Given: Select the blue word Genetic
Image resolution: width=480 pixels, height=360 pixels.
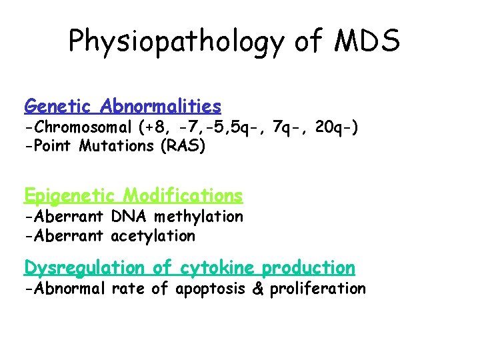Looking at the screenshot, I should [59, 106].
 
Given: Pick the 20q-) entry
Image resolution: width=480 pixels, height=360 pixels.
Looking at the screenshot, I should [338, 127].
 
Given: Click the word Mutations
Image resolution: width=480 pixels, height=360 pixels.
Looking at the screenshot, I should [117, 145].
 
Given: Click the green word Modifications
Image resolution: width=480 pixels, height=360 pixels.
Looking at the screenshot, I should [183, 195].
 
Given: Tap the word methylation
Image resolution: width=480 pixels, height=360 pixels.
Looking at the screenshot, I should [197, 216].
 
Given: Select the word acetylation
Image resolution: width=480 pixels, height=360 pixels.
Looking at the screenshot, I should [153, 235].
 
